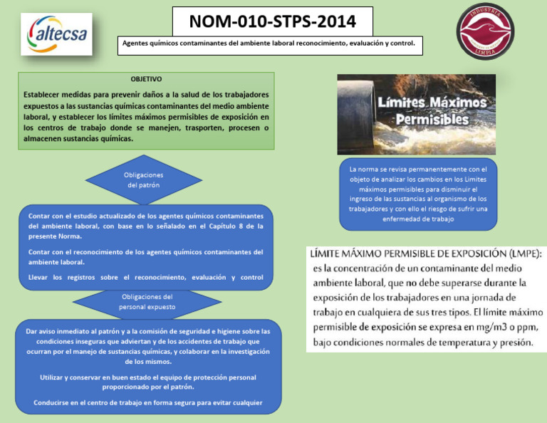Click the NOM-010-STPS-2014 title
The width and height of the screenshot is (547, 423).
[x=273, y=22]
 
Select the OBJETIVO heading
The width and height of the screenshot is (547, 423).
[x=146, y=79]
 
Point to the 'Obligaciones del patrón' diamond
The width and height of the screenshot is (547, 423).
[x=144, y=179]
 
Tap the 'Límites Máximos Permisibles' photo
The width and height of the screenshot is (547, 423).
[x=416, y=114]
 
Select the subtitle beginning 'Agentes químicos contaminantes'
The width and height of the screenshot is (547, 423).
[x=271, y=44]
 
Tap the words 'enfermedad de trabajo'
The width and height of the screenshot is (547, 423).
[x=417, y=219]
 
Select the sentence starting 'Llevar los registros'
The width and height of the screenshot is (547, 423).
[x=145, y=277]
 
